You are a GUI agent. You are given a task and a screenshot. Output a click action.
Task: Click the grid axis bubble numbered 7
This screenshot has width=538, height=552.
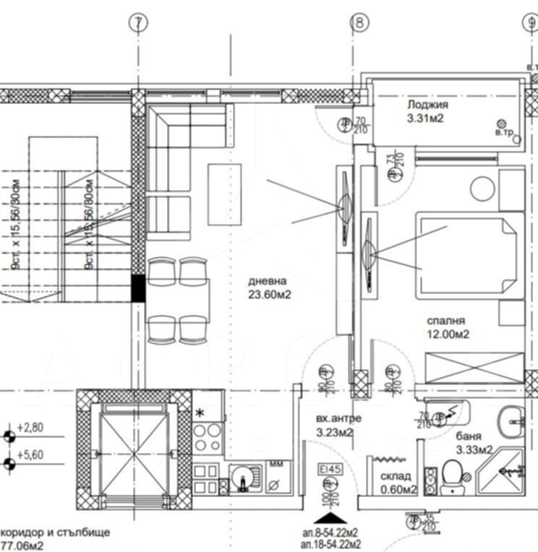click(x=137, y=23)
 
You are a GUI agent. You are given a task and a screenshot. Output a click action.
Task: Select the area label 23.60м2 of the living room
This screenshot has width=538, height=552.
click(x=269, y=294)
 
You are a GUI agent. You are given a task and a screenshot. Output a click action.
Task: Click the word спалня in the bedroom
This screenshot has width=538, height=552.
click(x=446, y=320)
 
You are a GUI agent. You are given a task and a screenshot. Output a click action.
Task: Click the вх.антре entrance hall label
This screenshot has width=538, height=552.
click(x=338, y=419)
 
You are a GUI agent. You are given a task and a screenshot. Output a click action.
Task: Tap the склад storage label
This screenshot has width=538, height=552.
click(x=396, y=476)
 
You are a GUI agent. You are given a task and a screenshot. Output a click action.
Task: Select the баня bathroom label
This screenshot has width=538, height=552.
click(x=469, y=436)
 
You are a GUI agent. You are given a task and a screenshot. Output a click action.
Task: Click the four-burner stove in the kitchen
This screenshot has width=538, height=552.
click(x=208, y=436)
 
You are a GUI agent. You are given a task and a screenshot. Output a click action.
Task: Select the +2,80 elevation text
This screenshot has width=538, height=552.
click(x=32, y=427)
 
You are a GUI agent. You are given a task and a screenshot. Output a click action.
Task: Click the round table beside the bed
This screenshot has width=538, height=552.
click(x=482, y=189)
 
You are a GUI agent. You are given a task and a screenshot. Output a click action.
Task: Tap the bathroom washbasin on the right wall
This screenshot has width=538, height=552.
click(x=513, y=418)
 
